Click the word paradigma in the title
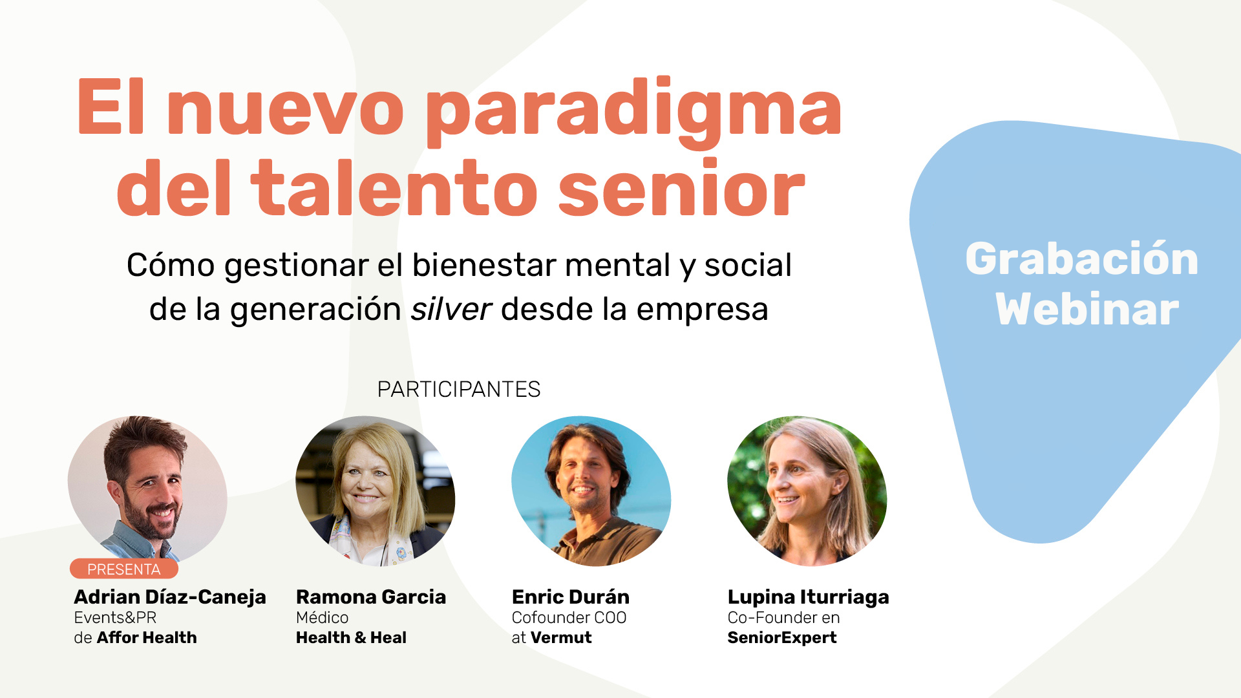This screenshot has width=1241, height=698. [634, 111]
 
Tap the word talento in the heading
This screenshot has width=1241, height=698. [394, 187]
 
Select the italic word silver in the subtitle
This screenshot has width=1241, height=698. [451, 309]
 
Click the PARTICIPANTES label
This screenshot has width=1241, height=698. [459, 389]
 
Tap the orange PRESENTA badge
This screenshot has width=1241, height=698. [123, 569]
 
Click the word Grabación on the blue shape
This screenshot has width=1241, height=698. [1082, 260]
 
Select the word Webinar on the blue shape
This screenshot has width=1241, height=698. [1087, 310]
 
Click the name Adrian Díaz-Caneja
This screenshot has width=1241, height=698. [170, 597]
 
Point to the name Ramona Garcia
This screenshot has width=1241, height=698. [371, 597]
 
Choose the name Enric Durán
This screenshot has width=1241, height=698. [571, 597]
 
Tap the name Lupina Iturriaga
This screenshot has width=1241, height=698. [809, 597]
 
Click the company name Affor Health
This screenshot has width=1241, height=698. [147, 638]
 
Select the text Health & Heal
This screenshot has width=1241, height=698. [351, 638]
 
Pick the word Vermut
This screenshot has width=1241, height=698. [561, 638]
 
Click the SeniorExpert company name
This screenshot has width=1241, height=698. [782, 638]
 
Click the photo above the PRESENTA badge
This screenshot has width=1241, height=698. [147, 489]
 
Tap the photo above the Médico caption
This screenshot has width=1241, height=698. [376, 491]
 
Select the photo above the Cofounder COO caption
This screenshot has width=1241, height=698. [591, 491]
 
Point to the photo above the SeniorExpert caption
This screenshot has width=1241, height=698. [807, 491]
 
